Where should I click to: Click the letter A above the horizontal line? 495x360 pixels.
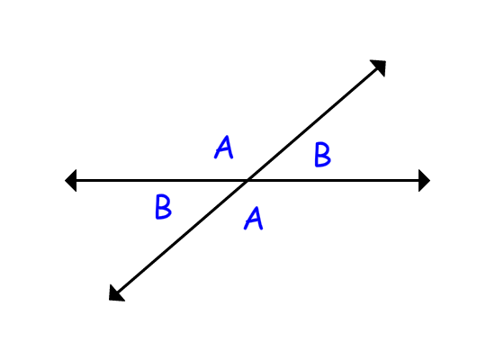pyautogui.click(x=224, y=148)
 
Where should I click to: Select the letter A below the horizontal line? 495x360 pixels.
pyautogui.click(x=254, y=218)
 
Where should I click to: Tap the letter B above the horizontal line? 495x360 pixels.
pyautogui.click(x=322, y=155)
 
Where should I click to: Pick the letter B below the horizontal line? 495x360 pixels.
pyautogui.click(x=163, y=207)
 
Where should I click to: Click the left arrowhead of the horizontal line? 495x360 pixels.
pyautogui.click(x=71, y=180)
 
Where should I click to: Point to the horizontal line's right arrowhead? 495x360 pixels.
pyautogui.click(x=424, y=180)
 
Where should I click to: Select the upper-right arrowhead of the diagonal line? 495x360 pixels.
pyautogui.click(x=380, y=67)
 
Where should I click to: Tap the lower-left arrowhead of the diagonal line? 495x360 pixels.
pyautogui.click(x=115, y=294)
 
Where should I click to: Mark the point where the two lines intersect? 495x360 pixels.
pyautogui.click(x=247, y=180)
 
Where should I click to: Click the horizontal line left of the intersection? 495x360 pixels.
pyautogui.click(x=162, y=180)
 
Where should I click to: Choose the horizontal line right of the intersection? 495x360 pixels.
pyautogui.click(x=333, y=180)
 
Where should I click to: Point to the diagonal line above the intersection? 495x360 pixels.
pyautogui.click(x=313, y=124)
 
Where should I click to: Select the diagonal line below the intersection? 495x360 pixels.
pyautogui.click(x=182, y=237)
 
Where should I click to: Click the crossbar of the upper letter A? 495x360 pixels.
pyautogui.click(x=223, y=150)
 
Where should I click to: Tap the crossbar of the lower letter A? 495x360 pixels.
pyautogui.click(x=253, y=221)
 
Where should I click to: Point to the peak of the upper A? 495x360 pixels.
pyautogui.click(x=227, y=136)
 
